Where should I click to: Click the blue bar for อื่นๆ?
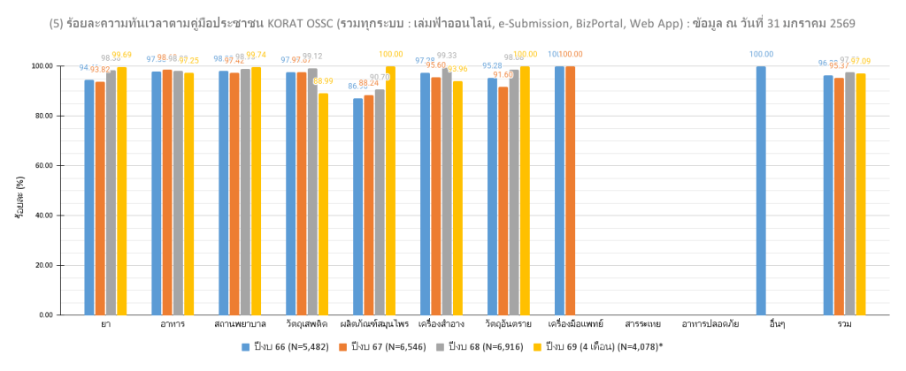coord(761,190)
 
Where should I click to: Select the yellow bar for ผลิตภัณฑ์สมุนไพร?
coord(390,190)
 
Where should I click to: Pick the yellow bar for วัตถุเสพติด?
coord(323,204)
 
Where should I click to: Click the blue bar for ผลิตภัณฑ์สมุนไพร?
coord(357,207)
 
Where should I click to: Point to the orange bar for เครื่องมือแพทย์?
coord(570,190)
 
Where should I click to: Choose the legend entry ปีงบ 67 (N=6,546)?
coord(386,345)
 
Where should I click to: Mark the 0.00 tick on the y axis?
coord(45,315)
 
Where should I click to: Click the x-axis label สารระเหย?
coord(642,325)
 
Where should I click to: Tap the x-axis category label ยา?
coord(105,325)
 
